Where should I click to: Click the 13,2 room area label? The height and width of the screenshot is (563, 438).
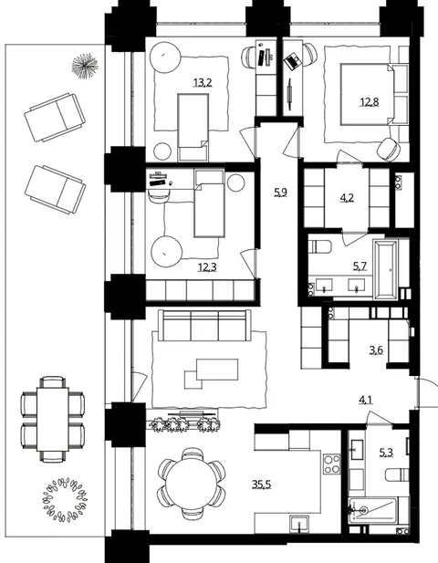203,83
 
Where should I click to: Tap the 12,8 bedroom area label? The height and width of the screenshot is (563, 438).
370,102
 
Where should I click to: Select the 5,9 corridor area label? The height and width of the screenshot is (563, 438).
281,193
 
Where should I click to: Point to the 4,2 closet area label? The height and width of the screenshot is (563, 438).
347,198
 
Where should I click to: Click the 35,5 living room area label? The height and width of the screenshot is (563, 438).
261,485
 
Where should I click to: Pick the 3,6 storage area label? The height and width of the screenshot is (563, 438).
376,349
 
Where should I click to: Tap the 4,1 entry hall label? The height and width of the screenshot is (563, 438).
366,400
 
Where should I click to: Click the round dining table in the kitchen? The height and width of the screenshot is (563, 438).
193,484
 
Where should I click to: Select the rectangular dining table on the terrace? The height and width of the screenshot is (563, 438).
53,419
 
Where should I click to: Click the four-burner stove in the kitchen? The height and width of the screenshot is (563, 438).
332,464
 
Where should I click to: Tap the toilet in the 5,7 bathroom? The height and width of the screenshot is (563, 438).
320,246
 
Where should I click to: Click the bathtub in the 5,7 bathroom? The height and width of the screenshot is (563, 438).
386,269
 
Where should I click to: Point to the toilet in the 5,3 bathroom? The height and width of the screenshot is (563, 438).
397,474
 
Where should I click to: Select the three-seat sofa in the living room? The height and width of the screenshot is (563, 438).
204,326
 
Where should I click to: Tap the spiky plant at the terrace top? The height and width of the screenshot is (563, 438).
85,66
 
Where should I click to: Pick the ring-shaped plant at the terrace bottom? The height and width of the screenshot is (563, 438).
65,499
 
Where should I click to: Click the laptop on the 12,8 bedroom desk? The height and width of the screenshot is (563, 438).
292,60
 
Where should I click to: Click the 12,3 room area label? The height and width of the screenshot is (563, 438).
207,267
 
